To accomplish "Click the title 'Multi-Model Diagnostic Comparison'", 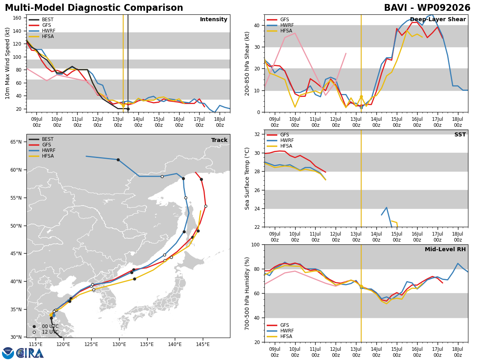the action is pyautogui.click(x=94, y=8).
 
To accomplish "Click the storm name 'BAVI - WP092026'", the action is pyautogui.click(x=427, y=8).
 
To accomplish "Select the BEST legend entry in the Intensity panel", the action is pyautogui.click(x=41, y=20).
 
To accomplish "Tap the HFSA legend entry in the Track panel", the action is pyautogui.click(x=41, y=156).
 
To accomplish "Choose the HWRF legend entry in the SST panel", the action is pyautogui.click(x=280, y=140).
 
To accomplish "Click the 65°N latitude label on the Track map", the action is pyautogui.click(x=16, y=142).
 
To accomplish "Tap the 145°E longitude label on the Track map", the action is pyautogui.click(x=203, y=345).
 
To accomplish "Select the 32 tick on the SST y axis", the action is pyautogui.click(x=257, y=134).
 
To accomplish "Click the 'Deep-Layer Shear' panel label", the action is pyautogui.click(x=438, y=20).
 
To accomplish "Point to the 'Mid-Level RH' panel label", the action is pyautogui.click(x=445, y=249).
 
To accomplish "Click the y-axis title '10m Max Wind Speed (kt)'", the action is pyautogui.click(x=8, y=63).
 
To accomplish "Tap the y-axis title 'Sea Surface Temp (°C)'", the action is pyautogui.click(x=247, y=179).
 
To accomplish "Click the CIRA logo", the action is pyautogui.click(x=22, y=353).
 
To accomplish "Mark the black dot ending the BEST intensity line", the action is pyautogui.click(x=128, y=109).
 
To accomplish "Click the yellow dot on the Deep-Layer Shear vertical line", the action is pyautogui.click(x=361, y=97).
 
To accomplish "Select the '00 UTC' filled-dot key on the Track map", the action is pyautogui.click(x=46, y=326).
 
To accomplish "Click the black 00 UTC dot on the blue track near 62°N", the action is pyautogui.click(x=118, y=160).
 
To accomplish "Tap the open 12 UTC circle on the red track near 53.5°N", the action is pyautogui.click(x=206, y=206).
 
